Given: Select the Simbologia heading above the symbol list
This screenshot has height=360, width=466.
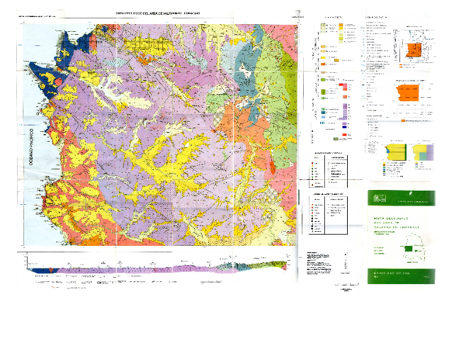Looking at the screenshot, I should [x=379, y=16].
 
